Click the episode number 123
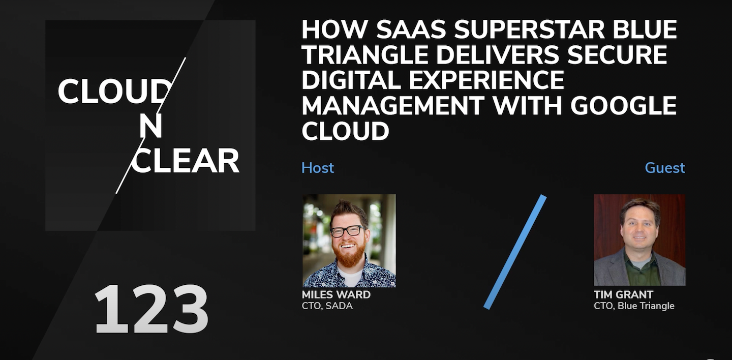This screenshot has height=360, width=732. coord(151,309)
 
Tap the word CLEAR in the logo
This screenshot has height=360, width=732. coord(185,161)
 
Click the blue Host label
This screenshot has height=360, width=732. coord(318,168)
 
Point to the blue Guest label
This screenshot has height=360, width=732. coord(665,168)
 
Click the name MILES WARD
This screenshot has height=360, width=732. coord(337,294)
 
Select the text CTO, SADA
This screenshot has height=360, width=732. coord(327,306)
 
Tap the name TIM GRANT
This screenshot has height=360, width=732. coord(624,294)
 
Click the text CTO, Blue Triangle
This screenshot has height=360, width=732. coord(634,306)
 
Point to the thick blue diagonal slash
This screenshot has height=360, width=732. coord(515,252)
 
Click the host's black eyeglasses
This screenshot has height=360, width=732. coord(348,231)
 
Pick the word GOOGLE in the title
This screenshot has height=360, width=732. coord(624,105)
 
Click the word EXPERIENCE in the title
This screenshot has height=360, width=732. coord(486,80)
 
